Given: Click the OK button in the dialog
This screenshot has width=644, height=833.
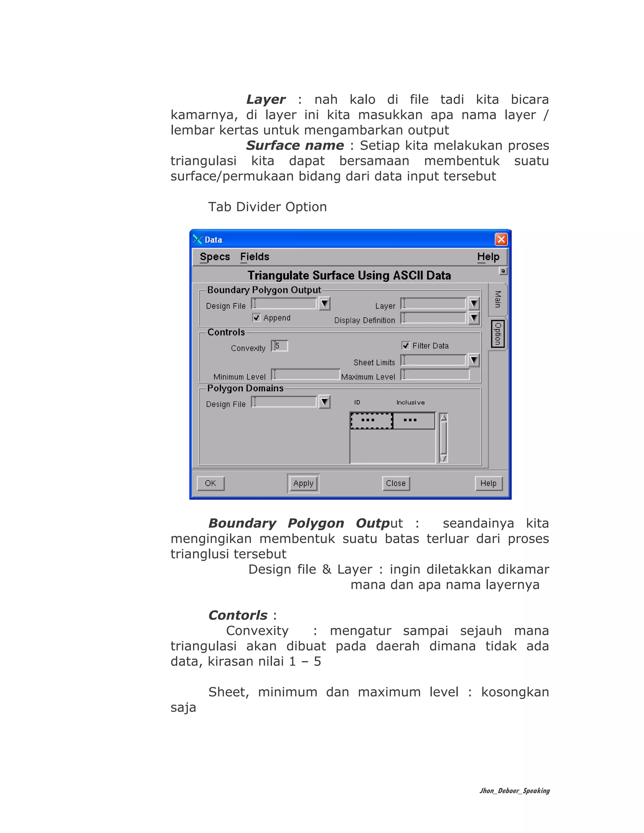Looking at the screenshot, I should tap(211, 483).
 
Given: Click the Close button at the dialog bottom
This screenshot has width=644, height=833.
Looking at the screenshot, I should tap(396, 483).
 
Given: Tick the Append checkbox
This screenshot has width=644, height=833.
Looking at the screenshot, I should tap(256, 318).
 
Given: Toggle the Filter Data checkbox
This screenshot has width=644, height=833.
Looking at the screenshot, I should tap(406, 345).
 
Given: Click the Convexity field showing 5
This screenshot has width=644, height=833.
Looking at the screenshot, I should tap(280, 346).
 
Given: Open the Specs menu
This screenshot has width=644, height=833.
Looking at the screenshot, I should tap(215, 257).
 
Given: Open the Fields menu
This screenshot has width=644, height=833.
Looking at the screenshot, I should tap(254, 257).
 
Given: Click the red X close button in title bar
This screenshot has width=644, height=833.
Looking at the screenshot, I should tap(501, 240).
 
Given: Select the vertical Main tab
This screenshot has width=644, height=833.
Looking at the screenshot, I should tap(497, 299).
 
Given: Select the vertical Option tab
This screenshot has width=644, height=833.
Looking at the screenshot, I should tap(497, 334).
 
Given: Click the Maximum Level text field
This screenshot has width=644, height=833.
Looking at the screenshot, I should tap(435, 375).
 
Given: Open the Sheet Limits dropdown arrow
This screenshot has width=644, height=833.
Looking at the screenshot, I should tap(474, 360).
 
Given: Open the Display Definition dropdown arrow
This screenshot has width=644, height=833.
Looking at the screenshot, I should tap(474, 318).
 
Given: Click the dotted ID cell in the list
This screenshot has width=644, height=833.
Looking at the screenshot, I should tap(371, 420).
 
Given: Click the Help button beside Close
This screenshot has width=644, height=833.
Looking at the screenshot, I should tap(488, 483).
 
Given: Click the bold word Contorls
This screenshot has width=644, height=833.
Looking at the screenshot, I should tap(238, 615).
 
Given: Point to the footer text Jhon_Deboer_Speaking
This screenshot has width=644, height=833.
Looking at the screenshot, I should tap(514, 791).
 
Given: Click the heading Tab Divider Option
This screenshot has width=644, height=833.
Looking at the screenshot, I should tap(268, 207).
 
